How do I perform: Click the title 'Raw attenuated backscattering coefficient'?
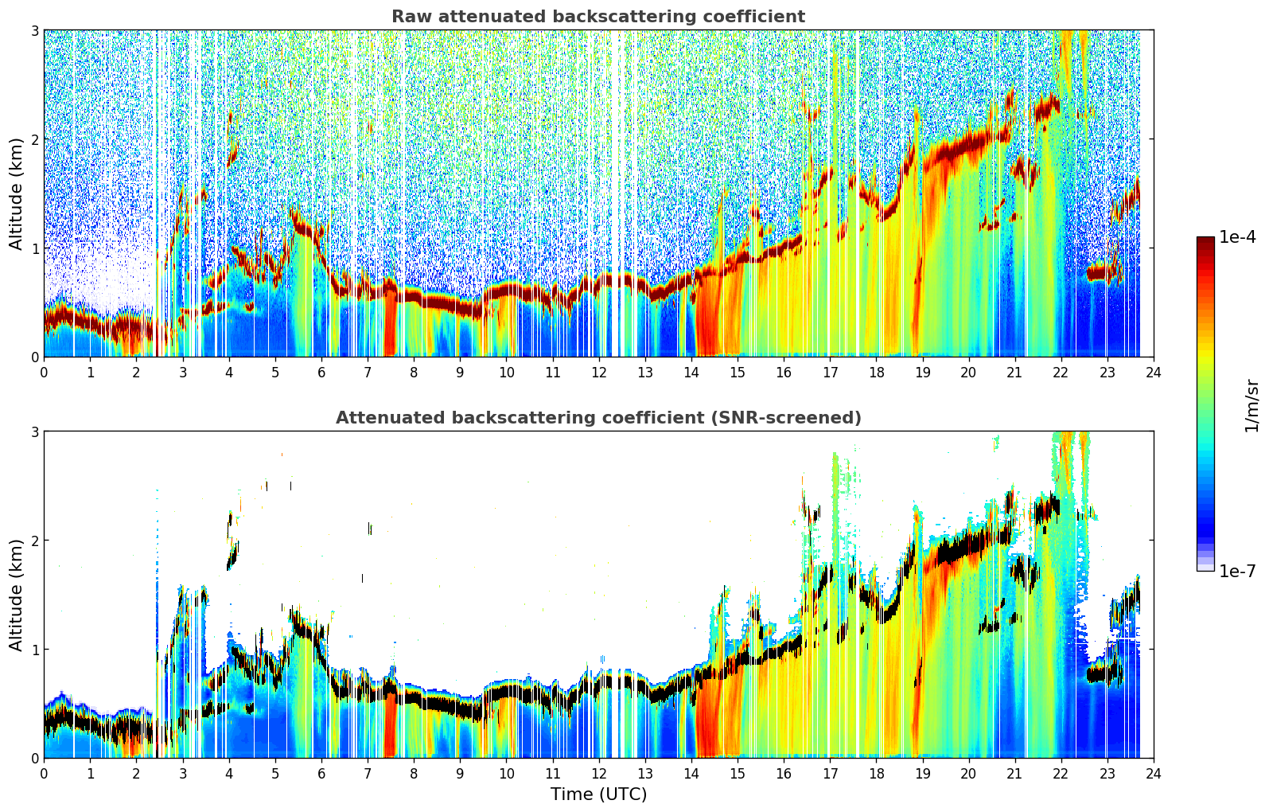coord(598,17)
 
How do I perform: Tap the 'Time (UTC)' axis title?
coord(598,794)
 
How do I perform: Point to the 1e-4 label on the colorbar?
coord(1237,237)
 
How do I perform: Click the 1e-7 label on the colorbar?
coord(1237,572)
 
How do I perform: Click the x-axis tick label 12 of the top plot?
coord(599,373)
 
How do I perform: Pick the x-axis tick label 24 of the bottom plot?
coord(1154,774)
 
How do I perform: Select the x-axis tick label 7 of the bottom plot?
coord(368,774)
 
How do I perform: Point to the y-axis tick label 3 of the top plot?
coord(34,30)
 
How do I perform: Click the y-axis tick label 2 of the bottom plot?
coord(34,541)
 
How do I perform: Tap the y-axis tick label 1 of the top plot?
coord(34,248)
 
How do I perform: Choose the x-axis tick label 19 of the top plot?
coord(922,373)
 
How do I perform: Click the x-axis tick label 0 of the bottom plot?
coord(45,774)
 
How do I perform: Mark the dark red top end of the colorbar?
coord(1205,240)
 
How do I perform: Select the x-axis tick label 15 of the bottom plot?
coord(738,774)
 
